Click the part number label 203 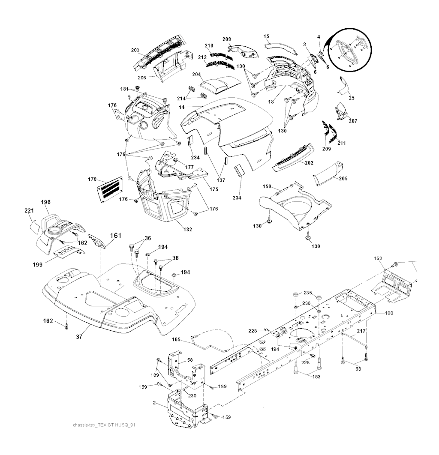coord(135,51)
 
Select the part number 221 coord(28,210)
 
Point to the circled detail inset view coord(351,51)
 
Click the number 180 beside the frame coord(388,313)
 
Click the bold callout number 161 coord(116,235)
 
